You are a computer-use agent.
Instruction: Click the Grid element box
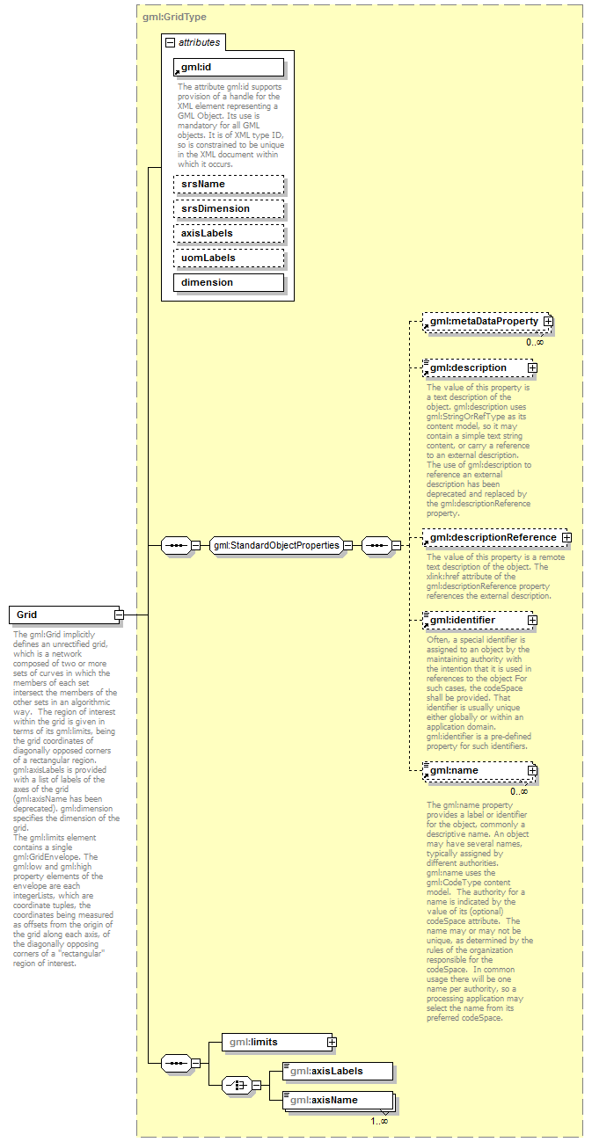pyautogui.click(x=62, y=615)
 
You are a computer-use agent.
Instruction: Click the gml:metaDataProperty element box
pyautogui.click(x=483, y=323)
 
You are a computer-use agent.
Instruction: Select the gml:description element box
pyautogui.click(x=475, y=367)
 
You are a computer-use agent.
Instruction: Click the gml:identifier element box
pyautogui.click(x=475, y=621)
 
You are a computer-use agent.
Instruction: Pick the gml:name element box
pyautogui.click(x=475, y=771)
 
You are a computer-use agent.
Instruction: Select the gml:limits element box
pyautogui.click(x=273, y=1042)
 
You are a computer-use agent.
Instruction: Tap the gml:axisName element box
pyautogui.click(x=336, y=1100)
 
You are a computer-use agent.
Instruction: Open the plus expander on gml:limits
pyautogui.click(x=331, y=1042)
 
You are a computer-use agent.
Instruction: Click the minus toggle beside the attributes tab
pyautogui.click(x=170, y=41)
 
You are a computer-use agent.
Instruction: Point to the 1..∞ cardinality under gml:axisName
pyautogui.click(x=378, y=1120)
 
